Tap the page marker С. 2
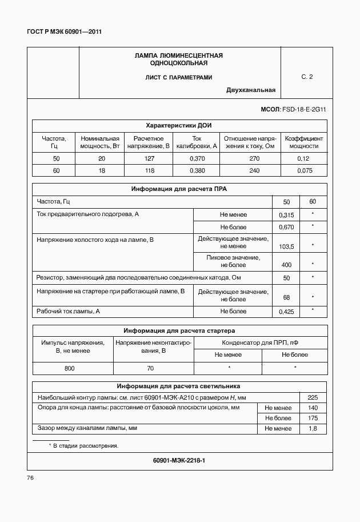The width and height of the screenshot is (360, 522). (307, 76)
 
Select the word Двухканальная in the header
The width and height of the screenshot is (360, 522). (251, 90)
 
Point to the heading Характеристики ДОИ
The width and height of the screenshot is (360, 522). (179, 125)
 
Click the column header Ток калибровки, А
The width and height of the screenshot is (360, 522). (197, 142)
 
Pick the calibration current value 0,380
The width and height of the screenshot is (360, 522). (197, 170)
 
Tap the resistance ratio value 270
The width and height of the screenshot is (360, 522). (250, 158)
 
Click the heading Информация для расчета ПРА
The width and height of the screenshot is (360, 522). (179, 189)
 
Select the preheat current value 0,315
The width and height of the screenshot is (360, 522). (286, 215)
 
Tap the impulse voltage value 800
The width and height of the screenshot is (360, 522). (69, 368)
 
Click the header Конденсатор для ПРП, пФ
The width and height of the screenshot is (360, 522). (261, 342)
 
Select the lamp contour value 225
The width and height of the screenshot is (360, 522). (313, 397)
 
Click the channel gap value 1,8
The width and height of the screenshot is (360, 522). (313, 428)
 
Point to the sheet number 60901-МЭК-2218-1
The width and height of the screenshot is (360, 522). (179, 460)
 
